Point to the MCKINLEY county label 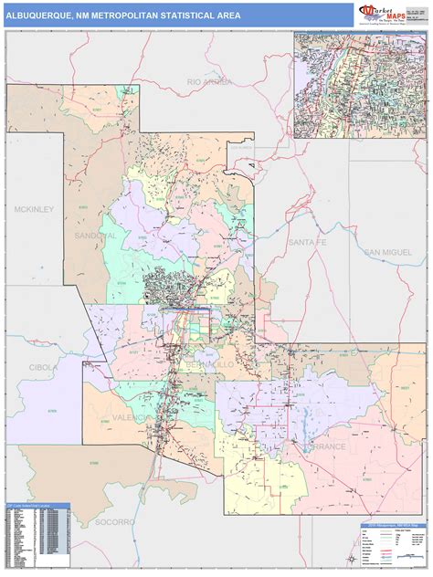point(35,209)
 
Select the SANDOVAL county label point(99,236)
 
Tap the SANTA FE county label point(306,242)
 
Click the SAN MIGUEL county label point(389,252)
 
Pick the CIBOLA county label point(43,367)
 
